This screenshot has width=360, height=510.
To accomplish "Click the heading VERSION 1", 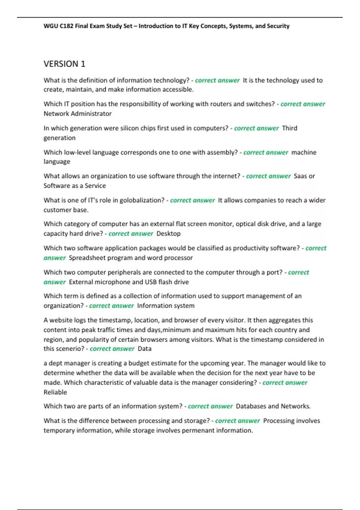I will tap(64, 64).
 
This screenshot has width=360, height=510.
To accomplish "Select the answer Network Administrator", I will tap(77, 114).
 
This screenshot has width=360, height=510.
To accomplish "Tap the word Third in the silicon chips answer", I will tap(289, 128).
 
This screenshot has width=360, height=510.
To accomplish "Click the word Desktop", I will tap(168, 234).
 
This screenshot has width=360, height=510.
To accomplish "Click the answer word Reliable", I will tap(55, 392).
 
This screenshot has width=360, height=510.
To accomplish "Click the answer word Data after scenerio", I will tap(144, 349).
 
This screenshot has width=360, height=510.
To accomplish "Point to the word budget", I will tap(139, 363).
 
